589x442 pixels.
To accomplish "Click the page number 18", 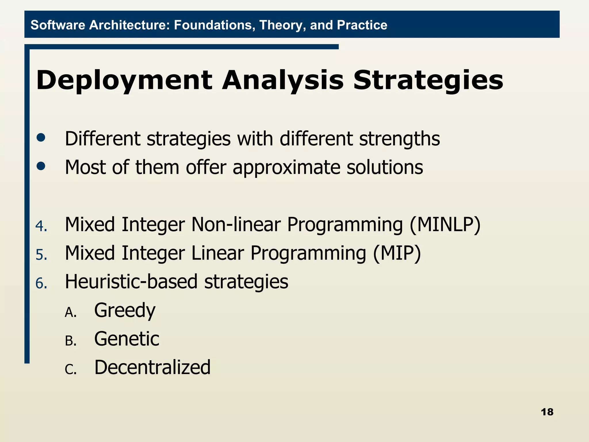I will pyautogui.click(x=547, y=412).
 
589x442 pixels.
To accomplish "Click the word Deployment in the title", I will pyautogui.click(x=124, y=81).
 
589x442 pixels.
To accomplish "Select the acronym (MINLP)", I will pyautogui.click(x=445, y=225).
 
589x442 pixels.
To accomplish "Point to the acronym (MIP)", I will pyautogui.click(x=397, y=253).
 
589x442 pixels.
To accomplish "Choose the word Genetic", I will pyautogui.click(x=127, y=339).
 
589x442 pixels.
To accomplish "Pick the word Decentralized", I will pyautogui.click(x=152, y=367).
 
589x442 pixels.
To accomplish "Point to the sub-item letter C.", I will pyautogui.click(x=70, y=369).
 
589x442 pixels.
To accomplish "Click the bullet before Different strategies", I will pyautogui.click(x=41, y=138).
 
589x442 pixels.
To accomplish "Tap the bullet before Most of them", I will pyautogui.click(x=41, y=166).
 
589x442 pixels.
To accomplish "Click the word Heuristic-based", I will pyautogui.click(x=131, y=282).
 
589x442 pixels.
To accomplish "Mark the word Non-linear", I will pyautogui.click(x=236, y=225).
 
